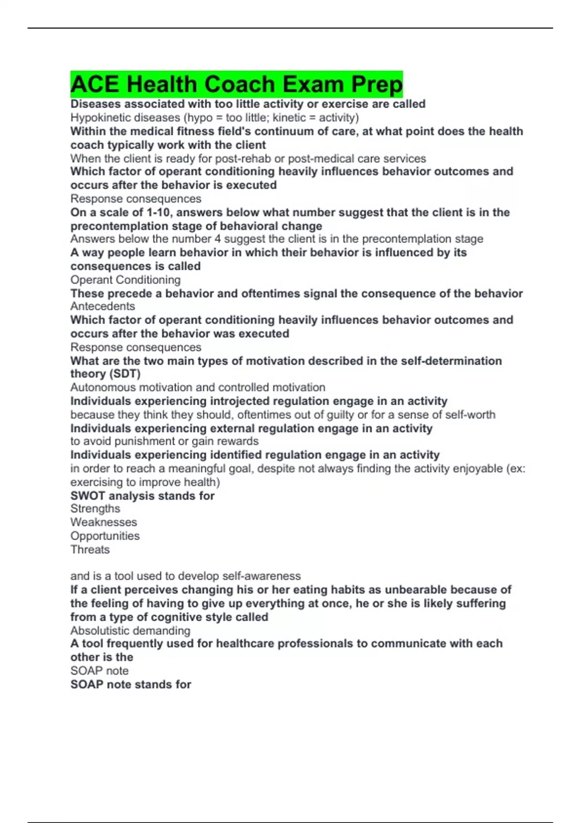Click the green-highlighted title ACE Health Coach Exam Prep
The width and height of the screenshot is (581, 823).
tap(236, 84)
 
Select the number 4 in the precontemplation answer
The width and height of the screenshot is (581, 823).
tap(217, 239)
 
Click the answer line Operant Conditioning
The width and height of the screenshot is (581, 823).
tap(125, 280)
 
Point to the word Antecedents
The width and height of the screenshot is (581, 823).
tap(103, 306)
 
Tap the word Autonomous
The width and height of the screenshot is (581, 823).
tap(103, 387)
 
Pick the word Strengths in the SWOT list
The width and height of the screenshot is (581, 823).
tap(95, 509)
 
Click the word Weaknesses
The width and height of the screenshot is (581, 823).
tap(104, 522)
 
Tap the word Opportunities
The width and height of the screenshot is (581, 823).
tap(105, 536)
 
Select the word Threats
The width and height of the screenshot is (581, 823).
tap(90, 549)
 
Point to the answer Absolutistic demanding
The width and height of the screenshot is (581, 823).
tap(130, 631)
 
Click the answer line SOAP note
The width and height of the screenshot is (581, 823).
tap(100, 671)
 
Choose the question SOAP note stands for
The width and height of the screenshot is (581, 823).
tap(131, 685)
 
